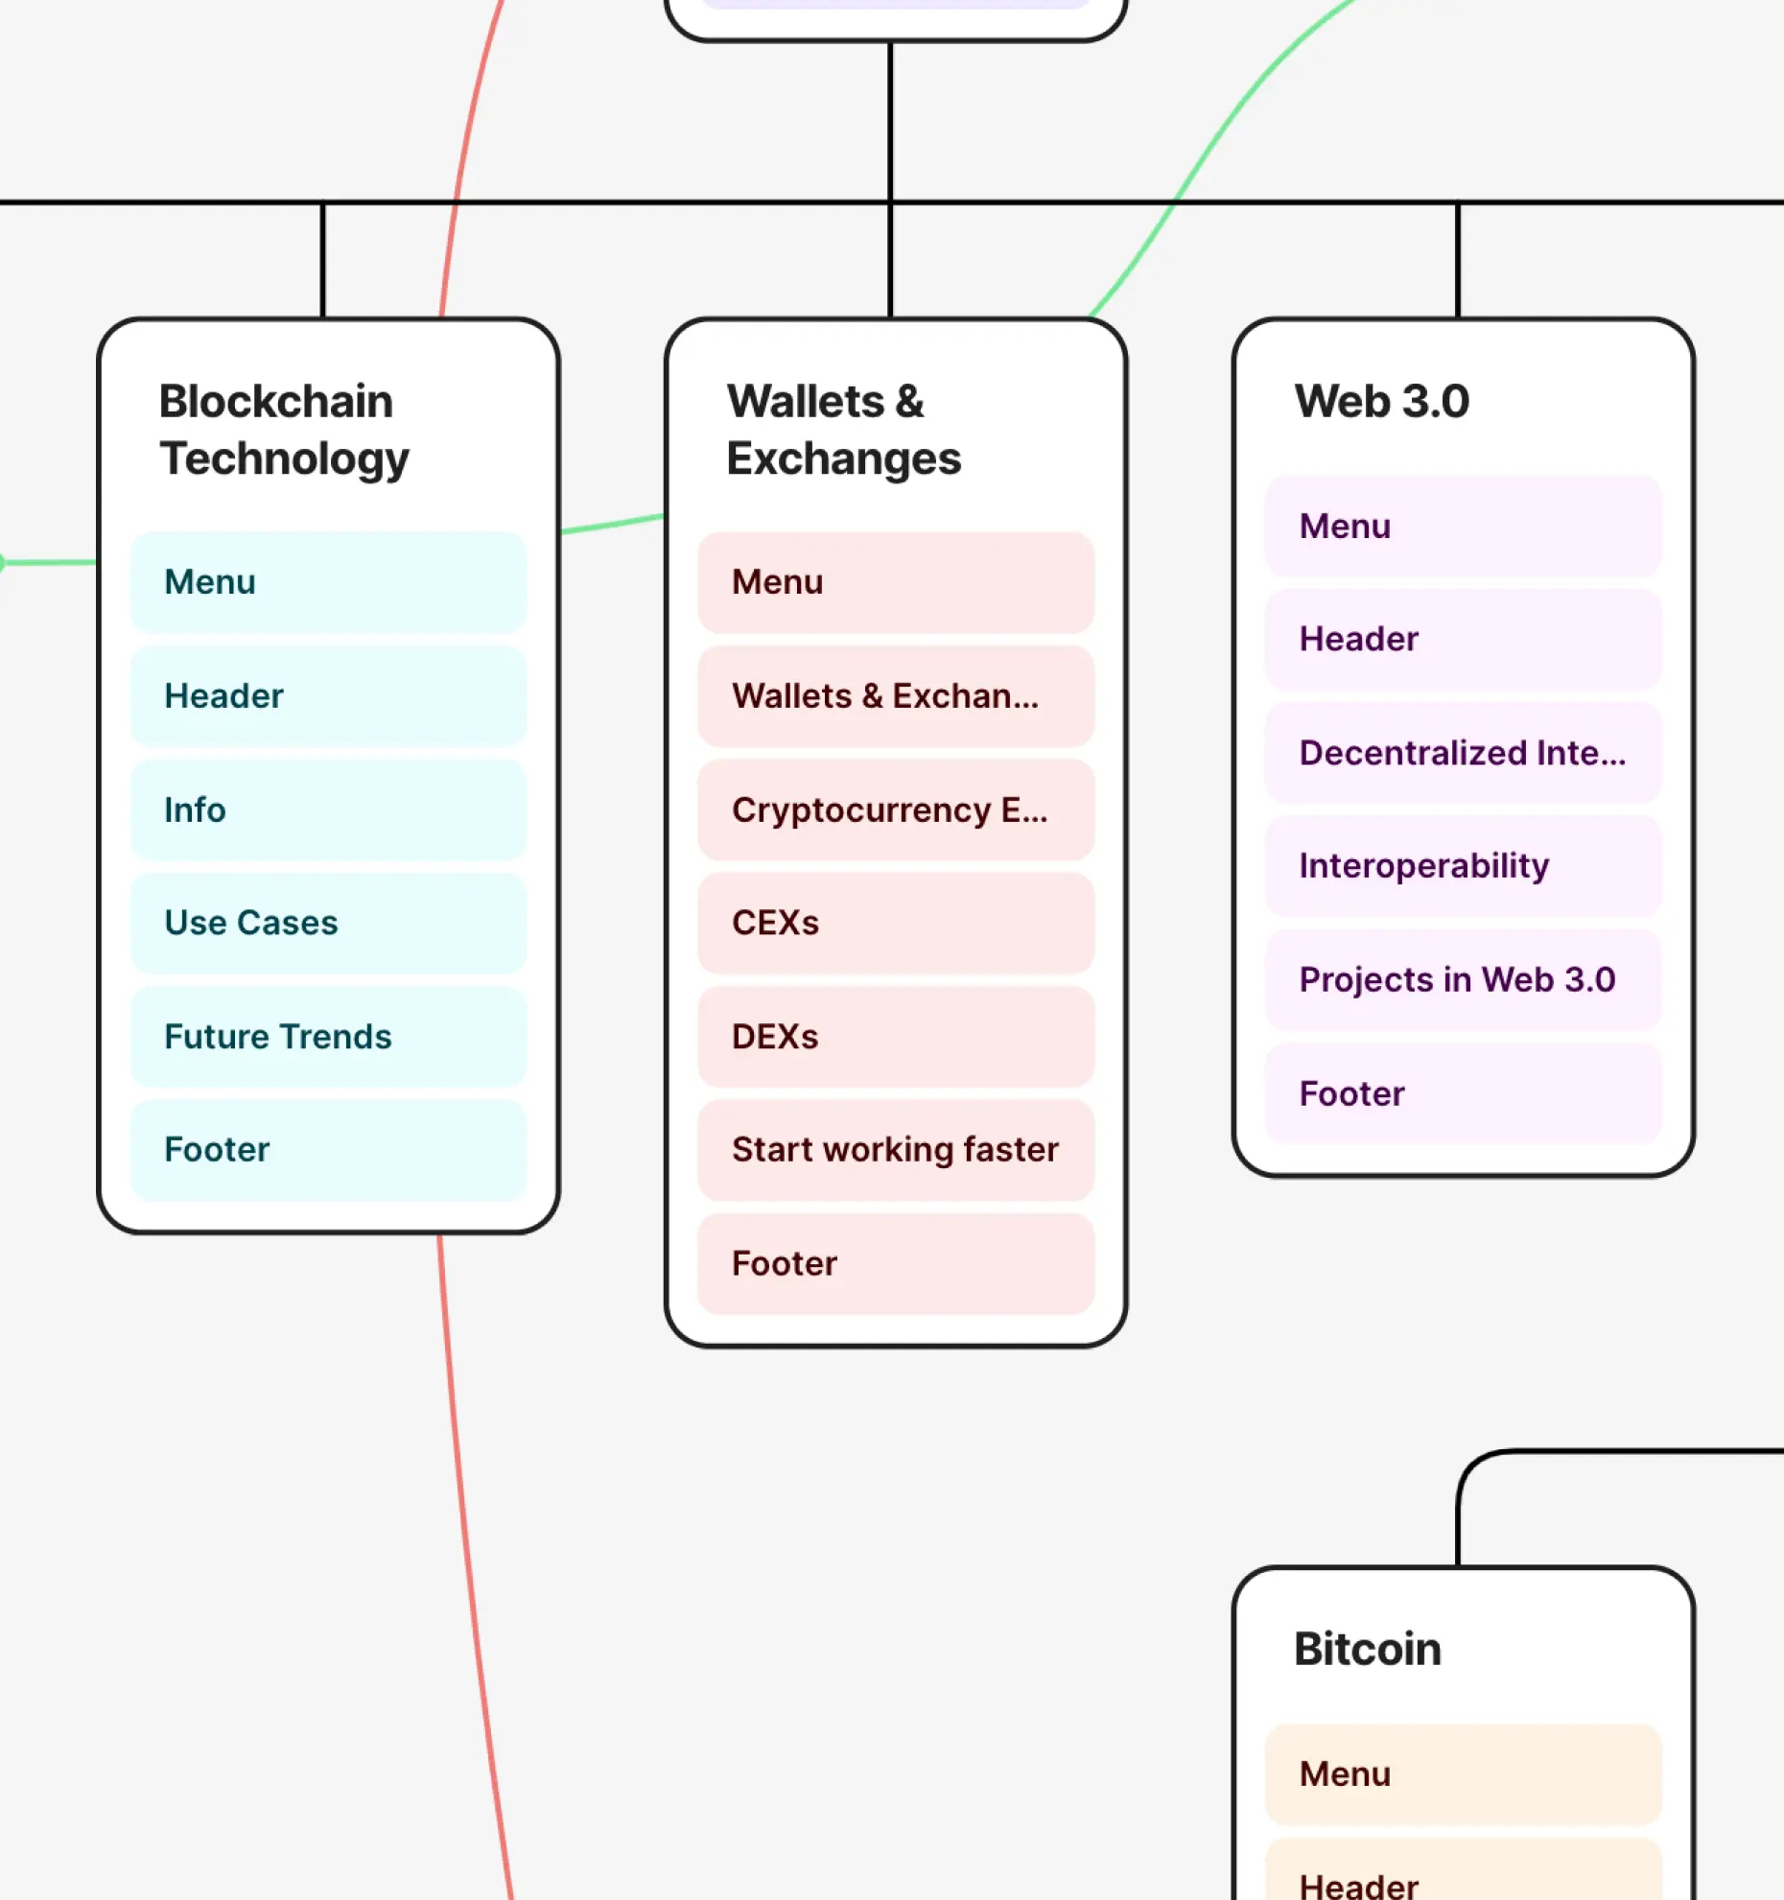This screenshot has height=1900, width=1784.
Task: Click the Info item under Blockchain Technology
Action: pyautogui.click(x=328, y=809)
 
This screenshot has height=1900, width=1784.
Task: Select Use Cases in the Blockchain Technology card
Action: pyautogui.click(x=328, y=923)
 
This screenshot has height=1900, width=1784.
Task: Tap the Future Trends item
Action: pyautogui.click(x=328, y=1037)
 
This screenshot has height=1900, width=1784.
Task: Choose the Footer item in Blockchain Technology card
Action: pyautogui.click(x=328, y=1150)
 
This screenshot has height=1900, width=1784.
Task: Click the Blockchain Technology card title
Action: pyautogui.click(x=285, y=430)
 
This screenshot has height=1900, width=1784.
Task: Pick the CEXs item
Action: pyautogui.click(x=895, y=923)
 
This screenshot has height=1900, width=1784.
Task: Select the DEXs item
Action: pyautogui.click(x=895, y=1037)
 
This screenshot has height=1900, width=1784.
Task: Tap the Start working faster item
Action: pyautogui.click(x=895, y=1150)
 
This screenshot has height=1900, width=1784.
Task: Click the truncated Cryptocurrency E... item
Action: pyautogui.click(x=895, y=809)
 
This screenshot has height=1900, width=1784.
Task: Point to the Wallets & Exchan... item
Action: pyautogui.click(x=895, y=696)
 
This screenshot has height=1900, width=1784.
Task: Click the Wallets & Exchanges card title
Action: pyautogui.click(x=843, y=430)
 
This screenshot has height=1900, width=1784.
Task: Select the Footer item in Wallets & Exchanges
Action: pyautogui.click(x=895, y=1263)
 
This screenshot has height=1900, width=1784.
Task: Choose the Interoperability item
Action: pyautogui.click(x=1463, y=866)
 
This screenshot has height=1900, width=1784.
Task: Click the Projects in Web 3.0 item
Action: pyautogui.click(x=1463, y=979)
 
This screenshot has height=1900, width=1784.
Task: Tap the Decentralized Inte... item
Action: pyautogui.click(x=1463, y=753)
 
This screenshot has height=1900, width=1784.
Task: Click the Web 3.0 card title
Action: pyautogui.click(x=1381, y=401)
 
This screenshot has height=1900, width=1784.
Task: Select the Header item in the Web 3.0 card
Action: pyautogui.click(x=1463, y=639)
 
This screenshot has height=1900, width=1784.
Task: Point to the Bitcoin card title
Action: pyautogui.click(x=1367, y=1649)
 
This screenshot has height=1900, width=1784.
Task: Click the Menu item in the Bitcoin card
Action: pyautogui.click(x=1463, y=1774)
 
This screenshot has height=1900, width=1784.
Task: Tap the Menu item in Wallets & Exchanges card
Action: pyautogui.click(x=895, y=582)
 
